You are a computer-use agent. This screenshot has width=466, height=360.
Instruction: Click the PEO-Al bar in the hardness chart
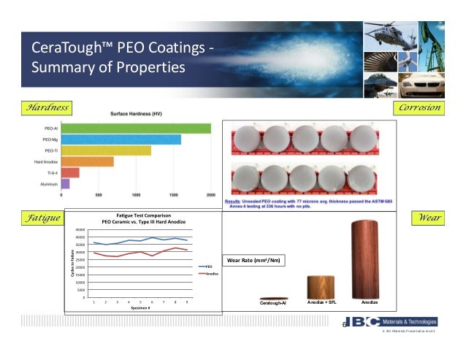tap(136, 129)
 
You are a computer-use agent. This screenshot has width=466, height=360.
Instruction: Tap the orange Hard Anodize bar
tap(88, 161)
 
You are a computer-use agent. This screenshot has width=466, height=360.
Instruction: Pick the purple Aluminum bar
tap(65, 183)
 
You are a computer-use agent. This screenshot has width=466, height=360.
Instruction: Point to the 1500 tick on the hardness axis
tap(173, 196)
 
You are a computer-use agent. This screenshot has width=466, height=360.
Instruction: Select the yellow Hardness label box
tap(47, 108)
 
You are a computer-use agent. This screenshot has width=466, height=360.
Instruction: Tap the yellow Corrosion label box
tap(419, 108)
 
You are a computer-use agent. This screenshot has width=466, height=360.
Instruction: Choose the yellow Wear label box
tap(428, 218)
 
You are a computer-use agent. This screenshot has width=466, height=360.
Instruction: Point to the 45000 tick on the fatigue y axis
tap(82, 229)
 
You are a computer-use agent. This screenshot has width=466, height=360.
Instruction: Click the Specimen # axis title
tap(141, 307)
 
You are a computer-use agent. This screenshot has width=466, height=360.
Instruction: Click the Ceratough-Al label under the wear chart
tap(274, 302)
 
